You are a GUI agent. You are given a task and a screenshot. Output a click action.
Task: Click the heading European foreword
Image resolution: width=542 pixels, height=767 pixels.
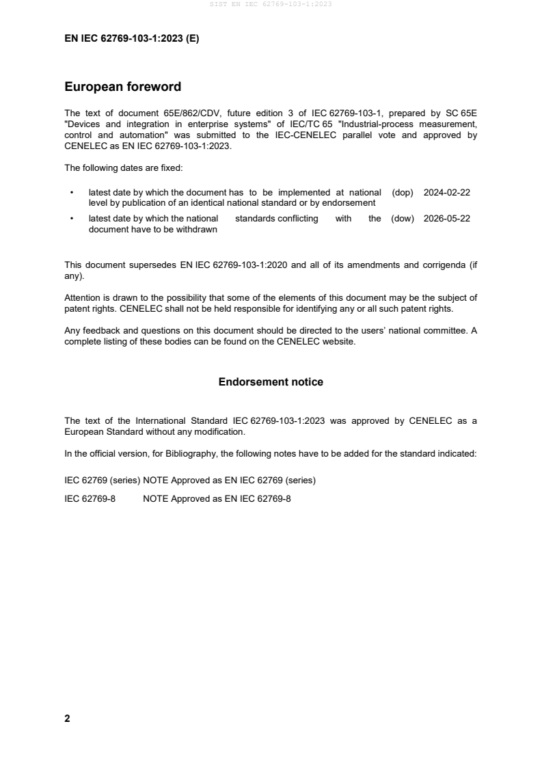coord(122,87)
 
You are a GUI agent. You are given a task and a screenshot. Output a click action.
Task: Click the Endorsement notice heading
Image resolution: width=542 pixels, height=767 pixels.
coord(271,382)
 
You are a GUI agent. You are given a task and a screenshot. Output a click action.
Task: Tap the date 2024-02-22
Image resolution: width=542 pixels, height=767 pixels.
coord(446,193)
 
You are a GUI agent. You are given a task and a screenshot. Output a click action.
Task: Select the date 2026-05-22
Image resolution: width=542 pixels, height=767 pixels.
coord(446,219)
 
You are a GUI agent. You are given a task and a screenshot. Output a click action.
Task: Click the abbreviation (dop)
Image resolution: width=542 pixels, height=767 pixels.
coord(403,193)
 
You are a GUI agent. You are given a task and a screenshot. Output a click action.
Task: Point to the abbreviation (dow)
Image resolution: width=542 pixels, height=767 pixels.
coord(403,219)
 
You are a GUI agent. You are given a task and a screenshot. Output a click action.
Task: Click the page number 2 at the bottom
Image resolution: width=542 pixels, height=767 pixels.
coord(67,718)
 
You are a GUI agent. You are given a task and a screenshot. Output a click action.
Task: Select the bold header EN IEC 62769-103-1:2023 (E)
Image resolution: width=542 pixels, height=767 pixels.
coord(132,39)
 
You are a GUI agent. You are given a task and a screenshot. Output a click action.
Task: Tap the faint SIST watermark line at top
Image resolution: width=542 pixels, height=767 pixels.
coord(271,5)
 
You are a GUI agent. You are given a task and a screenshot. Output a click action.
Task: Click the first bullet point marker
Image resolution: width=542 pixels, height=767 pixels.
coord(72,193)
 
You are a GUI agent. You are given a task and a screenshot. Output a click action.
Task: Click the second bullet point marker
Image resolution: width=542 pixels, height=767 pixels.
coord(72,219)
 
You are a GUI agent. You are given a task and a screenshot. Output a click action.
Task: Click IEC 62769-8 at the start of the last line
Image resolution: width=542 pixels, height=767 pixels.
coord(90,499)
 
